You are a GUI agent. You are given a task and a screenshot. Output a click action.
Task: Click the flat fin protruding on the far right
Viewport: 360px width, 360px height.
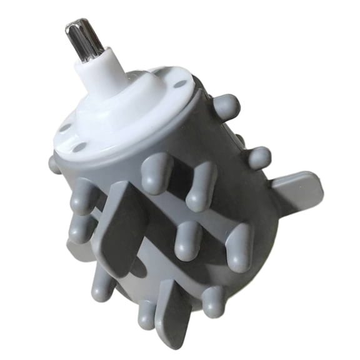pos(299,191)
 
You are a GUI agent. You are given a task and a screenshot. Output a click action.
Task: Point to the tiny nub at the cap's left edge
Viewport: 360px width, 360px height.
pos(54,165)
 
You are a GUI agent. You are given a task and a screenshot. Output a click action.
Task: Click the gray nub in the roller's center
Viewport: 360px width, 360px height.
pos(188,241)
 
